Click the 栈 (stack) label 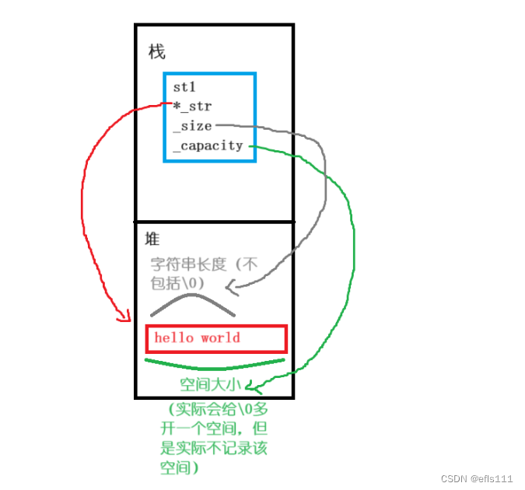pos(156,52)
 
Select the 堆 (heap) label pos(152,239)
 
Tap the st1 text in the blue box pos(184,88)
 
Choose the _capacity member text pos(208,145)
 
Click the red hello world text pos(198,338)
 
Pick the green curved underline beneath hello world pos(215,364)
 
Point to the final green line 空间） pos(180,467)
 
